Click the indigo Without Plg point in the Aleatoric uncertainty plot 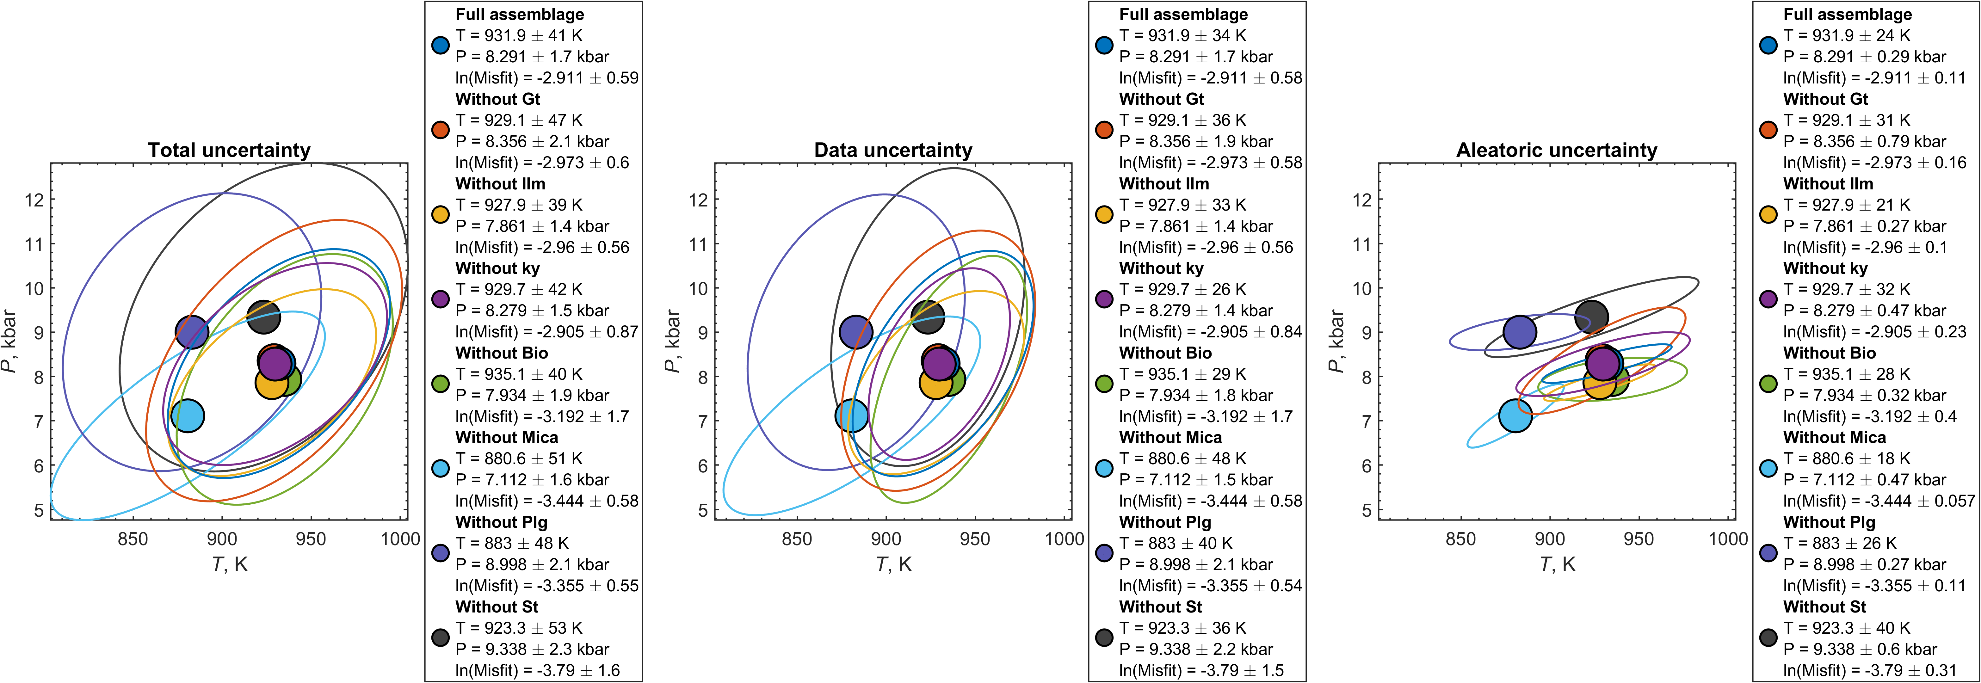(1520, 332)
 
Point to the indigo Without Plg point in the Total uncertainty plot (191, 332)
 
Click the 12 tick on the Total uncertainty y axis (34, 200)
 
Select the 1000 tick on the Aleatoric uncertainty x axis (1728, 538)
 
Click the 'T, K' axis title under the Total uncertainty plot (229, 564)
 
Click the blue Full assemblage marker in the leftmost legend (440, 46)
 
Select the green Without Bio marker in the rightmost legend (1768, 384)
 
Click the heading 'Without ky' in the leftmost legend (497, 268)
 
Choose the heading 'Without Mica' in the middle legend (1170, 438)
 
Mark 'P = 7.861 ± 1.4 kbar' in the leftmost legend (532, 226)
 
